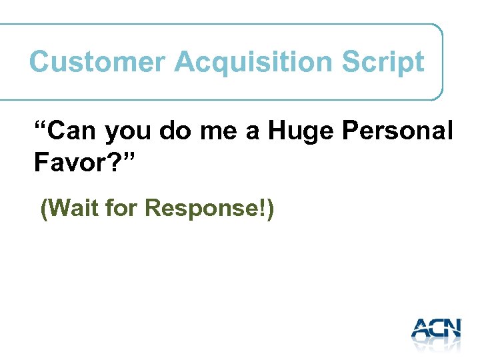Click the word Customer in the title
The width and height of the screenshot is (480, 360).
point(97,62)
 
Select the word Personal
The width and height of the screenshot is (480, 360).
point(397,131)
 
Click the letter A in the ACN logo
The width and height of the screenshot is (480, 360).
point(421,329)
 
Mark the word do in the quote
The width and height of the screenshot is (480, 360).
point(175,131)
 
